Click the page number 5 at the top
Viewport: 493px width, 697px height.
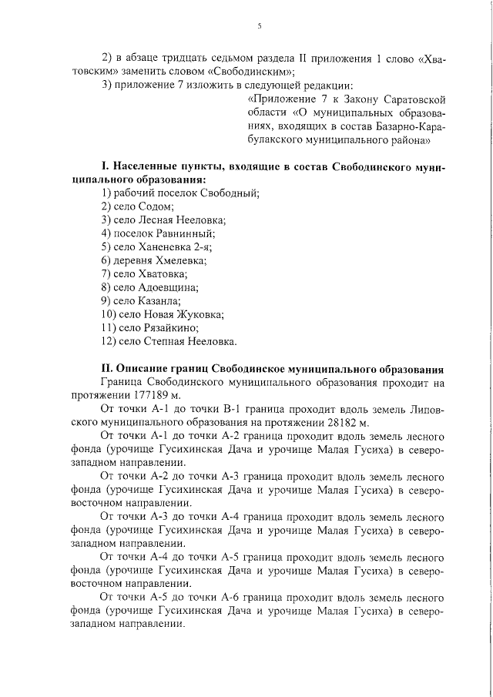pyautogui.click(x=260, y=26)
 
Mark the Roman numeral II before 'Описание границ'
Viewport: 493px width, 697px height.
pyautogui.click(x=108, y=368)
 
